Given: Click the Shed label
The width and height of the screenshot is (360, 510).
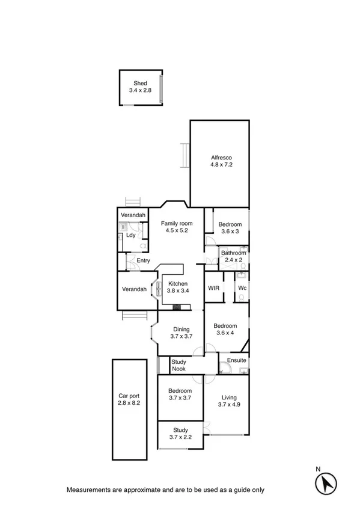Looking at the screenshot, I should pos(141,83).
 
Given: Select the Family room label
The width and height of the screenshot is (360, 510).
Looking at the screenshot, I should pos(176,224).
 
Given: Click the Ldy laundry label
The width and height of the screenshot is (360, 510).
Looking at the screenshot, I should pos(130,235).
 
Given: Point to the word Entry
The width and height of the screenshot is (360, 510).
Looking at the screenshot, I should pos(143,260).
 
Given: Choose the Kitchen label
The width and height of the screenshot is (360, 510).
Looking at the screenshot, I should pos(178,284).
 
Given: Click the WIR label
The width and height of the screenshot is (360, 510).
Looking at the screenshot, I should pos(213,289).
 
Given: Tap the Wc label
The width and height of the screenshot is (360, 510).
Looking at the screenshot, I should pos(242,289).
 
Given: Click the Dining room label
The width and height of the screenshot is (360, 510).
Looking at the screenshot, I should pos(181,329).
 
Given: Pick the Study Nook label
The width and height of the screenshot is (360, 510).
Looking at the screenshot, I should pos(178,365).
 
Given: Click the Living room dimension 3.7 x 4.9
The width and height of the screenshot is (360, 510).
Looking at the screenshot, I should pos(229,405).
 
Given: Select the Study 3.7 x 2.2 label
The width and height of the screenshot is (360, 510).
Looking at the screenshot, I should pos(180,434).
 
